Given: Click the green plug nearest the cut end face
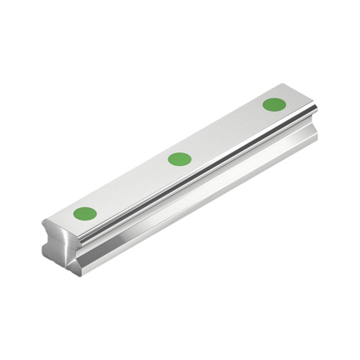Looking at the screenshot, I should point(85,213).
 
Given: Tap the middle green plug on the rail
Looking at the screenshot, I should point(179,159).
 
